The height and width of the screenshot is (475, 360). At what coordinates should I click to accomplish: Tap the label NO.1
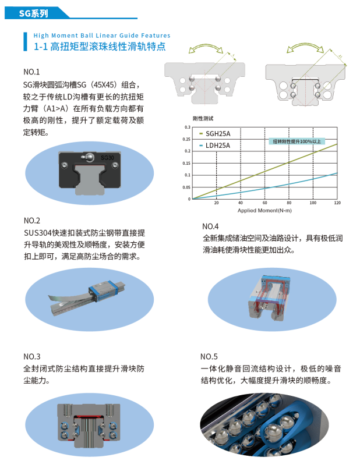click(x=31, y=72)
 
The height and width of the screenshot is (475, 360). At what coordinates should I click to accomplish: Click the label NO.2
click(x=31, y=221)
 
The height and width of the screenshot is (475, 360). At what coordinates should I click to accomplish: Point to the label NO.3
click(x=31, y=356)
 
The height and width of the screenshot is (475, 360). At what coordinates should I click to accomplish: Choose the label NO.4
click(x=210, y=226)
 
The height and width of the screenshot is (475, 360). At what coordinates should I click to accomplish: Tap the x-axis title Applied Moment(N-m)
click(x=264, y=210)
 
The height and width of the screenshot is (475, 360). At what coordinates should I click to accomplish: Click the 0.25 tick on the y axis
click(x=186, y=139)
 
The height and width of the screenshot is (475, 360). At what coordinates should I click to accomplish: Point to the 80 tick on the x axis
click(x=289, y=203)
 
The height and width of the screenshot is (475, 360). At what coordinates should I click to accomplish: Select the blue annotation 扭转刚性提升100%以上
click(x=297, y=141)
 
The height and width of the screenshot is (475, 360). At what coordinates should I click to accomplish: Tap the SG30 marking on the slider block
click(x=107, y=157)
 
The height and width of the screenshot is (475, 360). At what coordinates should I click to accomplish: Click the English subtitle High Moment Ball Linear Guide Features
click(x=102, y=36)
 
